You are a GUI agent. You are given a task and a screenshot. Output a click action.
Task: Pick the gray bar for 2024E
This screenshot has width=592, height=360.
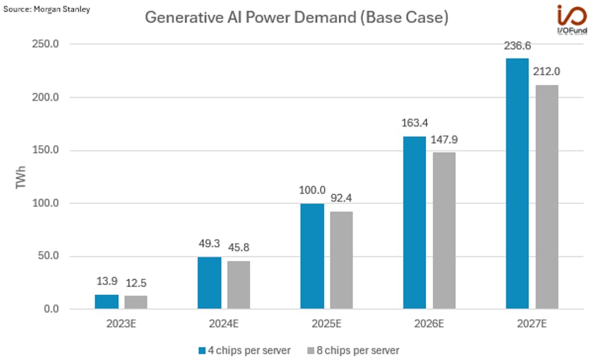[238, 285]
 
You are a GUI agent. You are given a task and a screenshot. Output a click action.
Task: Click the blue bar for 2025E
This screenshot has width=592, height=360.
[312, 256]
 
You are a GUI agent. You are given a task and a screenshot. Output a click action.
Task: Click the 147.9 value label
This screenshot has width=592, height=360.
[444, 140]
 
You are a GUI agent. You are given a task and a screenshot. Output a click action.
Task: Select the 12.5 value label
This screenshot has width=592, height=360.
[136, 283]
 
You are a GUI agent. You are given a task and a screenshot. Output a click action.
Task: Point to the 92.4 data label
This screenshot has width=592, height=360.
[341, 199]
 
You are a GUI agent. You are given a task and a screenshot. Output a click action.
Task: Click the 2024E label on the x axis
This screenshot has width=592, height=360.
[223, 324]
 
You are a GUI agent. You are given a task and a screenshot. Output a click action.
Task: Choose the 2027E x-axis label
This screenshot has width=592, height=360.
[532, 324]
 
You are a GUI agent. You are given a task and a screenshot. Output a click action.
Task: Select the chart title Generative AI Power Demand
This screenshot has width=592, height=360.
[296, 17]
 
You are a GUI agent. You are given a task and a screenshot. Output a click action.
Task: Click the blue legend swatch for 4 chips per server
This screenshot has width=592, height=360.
[202, 350]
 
